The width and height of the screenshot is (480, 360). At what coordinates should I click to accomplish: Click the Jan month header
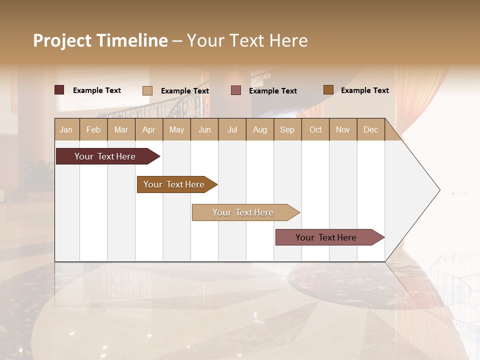tap(66, 129)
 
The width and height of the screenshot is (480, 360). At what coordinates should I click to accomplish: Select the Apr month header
tap(149, 129)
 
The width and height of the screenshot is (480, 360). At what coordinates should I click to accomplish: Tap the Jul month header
tap(232, 129)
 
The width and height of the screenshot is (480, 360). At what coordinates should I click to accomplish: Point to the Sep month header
tap(287, 129)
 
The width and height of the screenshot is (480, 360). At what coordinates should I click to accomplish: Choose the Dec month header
tap(370, 129)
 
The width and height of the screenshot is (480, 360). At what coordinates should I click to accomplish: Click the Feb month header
tap(93, 129)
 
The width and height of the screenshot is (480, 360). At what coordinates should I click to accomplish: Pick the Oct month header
tap(315, 129)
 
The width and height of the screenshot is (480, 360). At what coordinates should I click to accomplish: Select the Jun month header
tap(204, 129)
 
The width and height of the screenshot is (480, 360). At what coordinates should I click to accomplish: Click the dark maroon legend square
tap(59, 90)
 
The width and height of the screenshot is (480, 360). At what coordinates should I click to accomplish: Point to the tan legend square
tap(147, 90)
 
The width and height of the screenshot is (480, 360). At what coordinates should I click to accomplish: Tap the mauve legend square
tap(236, 90)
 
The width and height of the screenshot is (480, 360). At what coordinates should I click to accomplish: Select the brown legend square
tap(328, 89)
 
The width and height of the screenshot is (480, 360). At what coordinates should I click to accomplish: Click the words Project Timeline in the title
tap(100, 40)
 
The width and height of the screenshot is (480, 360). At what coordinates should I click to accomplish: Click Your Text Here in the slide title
tap(247, 40)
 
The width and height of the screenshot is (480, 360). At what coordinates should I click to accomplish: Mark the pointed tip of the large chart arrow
tap(439, 190)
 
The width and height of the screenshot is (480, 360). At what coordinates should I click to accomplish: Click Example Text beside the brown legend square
tap(364, 90)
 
